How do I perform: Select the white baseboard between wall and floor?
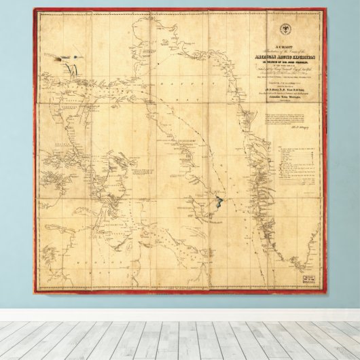pos(180,314)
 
